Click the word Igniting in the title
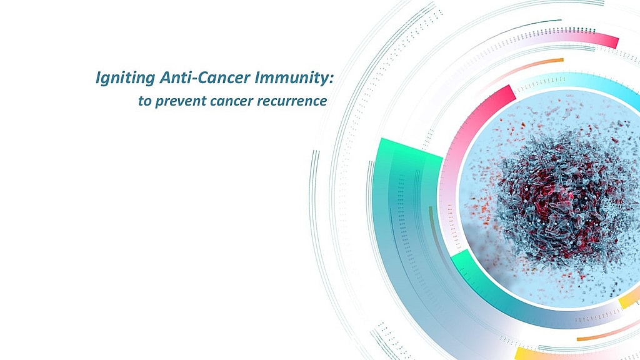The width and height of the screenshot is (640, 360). [x=125, y=77]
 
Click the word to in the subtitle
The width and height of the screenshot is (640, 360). [x=144, y=101]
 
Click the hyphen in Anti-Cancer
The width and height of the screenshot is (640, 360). [x=192, y=79]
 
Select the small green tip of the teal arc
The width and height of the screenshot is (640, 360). [x=459, y=262]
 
